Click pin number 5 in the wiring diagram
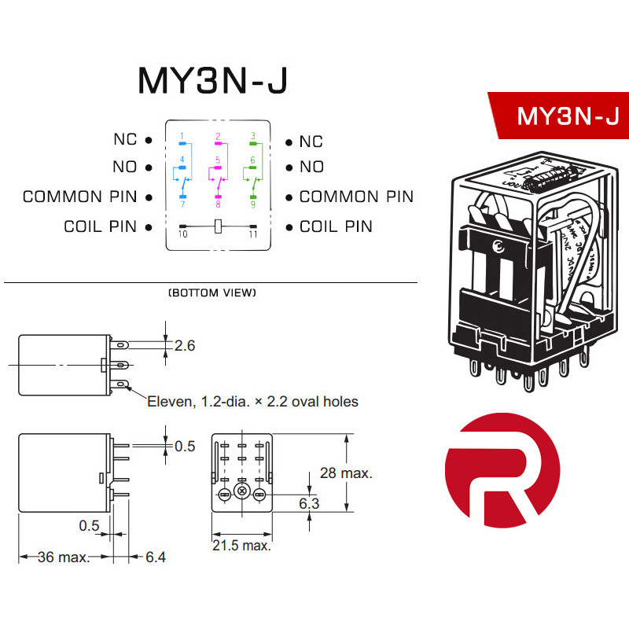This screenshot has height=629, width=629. (x=218, y=160)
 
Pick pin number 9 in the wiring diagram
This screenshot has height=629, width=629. (x=252, y=204)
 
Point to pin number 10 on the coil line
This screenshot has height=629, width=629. (x=182, y=234)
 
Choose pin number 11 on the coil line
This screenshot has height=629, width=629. (x=252, y=234)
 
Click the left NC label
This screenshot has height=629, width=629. (x=124, y=140)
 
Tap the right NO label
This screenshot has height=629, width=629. (x=311, y=167)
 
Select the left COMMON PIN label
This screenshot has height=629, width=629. (x=79, y=197)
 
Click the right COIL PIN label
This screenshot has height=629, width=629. (x=336, y=226)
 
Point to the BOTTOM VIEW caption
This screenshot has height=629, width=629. (x=212, y=293)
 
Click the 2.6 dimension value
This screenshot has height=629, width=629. (x=184, y=344)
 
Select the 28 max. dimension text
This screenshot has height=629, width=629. (x=345, y=473)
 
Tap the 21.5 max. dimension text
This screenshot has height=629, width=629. (x=241, y=545)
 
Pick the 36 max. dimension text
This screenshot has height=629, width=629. (x=64, y=557)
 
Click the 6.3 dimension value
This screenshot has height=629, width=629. (x=309, y=503)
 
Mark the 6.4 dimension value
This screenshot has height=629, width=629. (x=156, y=557)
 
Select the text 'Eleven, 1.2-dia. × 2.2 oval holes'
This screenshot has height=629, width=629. (x=252, y=402)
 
